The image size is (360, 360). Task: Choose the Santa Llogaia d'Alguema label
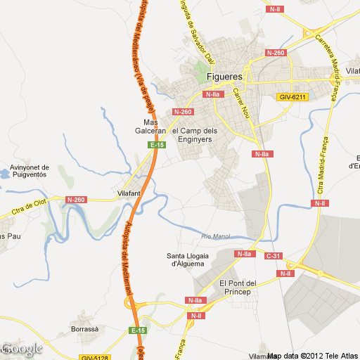(x=186, y=259)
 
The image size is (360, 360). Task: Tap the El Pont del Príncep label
(x=240, y=288)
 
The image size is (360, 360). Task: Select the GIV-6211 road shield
(x=293, y=96)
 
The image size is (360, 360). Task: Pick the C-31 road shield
(x=273, y=255)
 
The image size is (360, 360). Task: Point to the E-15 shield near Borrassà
(x=138, y=330)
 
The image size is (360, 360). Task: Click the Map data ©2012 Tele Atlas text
(x=314, y=355)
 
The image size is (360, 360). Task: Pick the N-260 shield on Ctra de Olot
(x=76, y=200)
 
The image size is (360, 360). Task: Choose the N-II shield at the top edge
(x=275, y=9)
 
